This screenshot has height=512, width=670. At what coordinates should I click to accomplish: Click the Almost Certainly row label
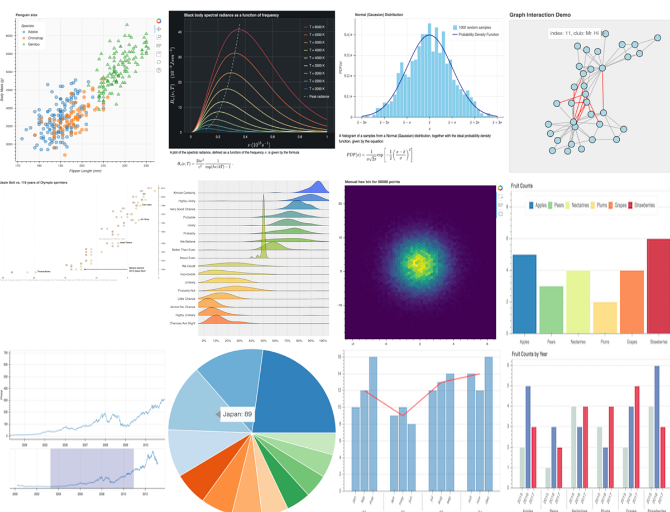pyautogui.click(x=187, y=193)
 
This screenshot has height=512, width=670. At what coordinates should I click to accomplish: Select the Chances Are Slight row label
pyautogui.click(x=185, y=323)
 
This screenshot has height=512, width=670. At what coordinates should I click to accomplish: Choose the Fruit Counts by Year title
pyautogui.click(x=530, y=353)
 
